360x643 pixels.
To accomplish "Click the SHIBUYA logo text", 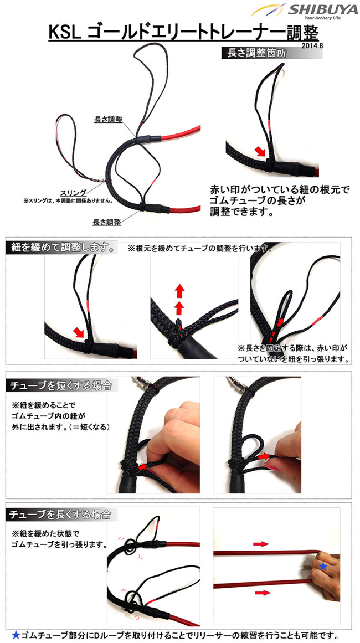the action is click(x=322, y=9).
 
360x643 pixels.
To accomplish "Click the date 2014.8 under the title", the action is click(x=312, y=46).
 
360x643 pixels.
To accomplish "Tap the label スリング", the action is click(x=74, y=192).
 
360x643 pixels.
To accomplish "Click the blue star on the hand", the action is click(x=323, y=567).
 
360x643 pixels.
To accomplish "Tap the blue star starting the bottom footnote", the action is click(x=15, y=635).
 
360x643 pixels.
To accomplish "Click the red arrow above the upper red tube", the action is click(x=261, y=544).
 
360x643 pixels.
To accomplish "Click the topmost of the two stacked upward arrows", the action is click(x=179, y=291).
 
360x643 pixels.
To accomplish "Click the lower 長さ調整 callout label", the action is click(x=106, y=222).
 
